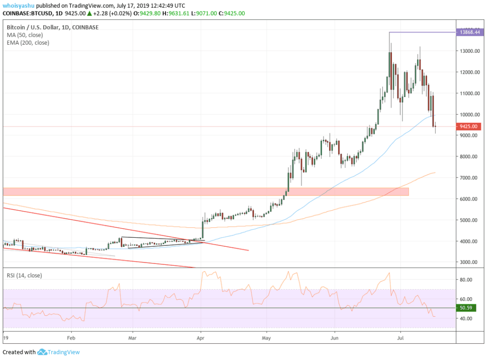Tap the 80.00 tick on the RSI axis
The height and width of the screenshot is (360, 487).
pos(466,280)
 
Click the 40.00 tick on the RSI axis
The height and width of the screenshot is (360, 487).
pos(466,318)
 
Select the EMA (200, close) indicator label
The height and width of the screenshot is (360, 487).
pos(28,43)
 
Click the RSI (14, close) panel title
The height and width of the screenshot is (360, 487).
pos(24,275)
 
